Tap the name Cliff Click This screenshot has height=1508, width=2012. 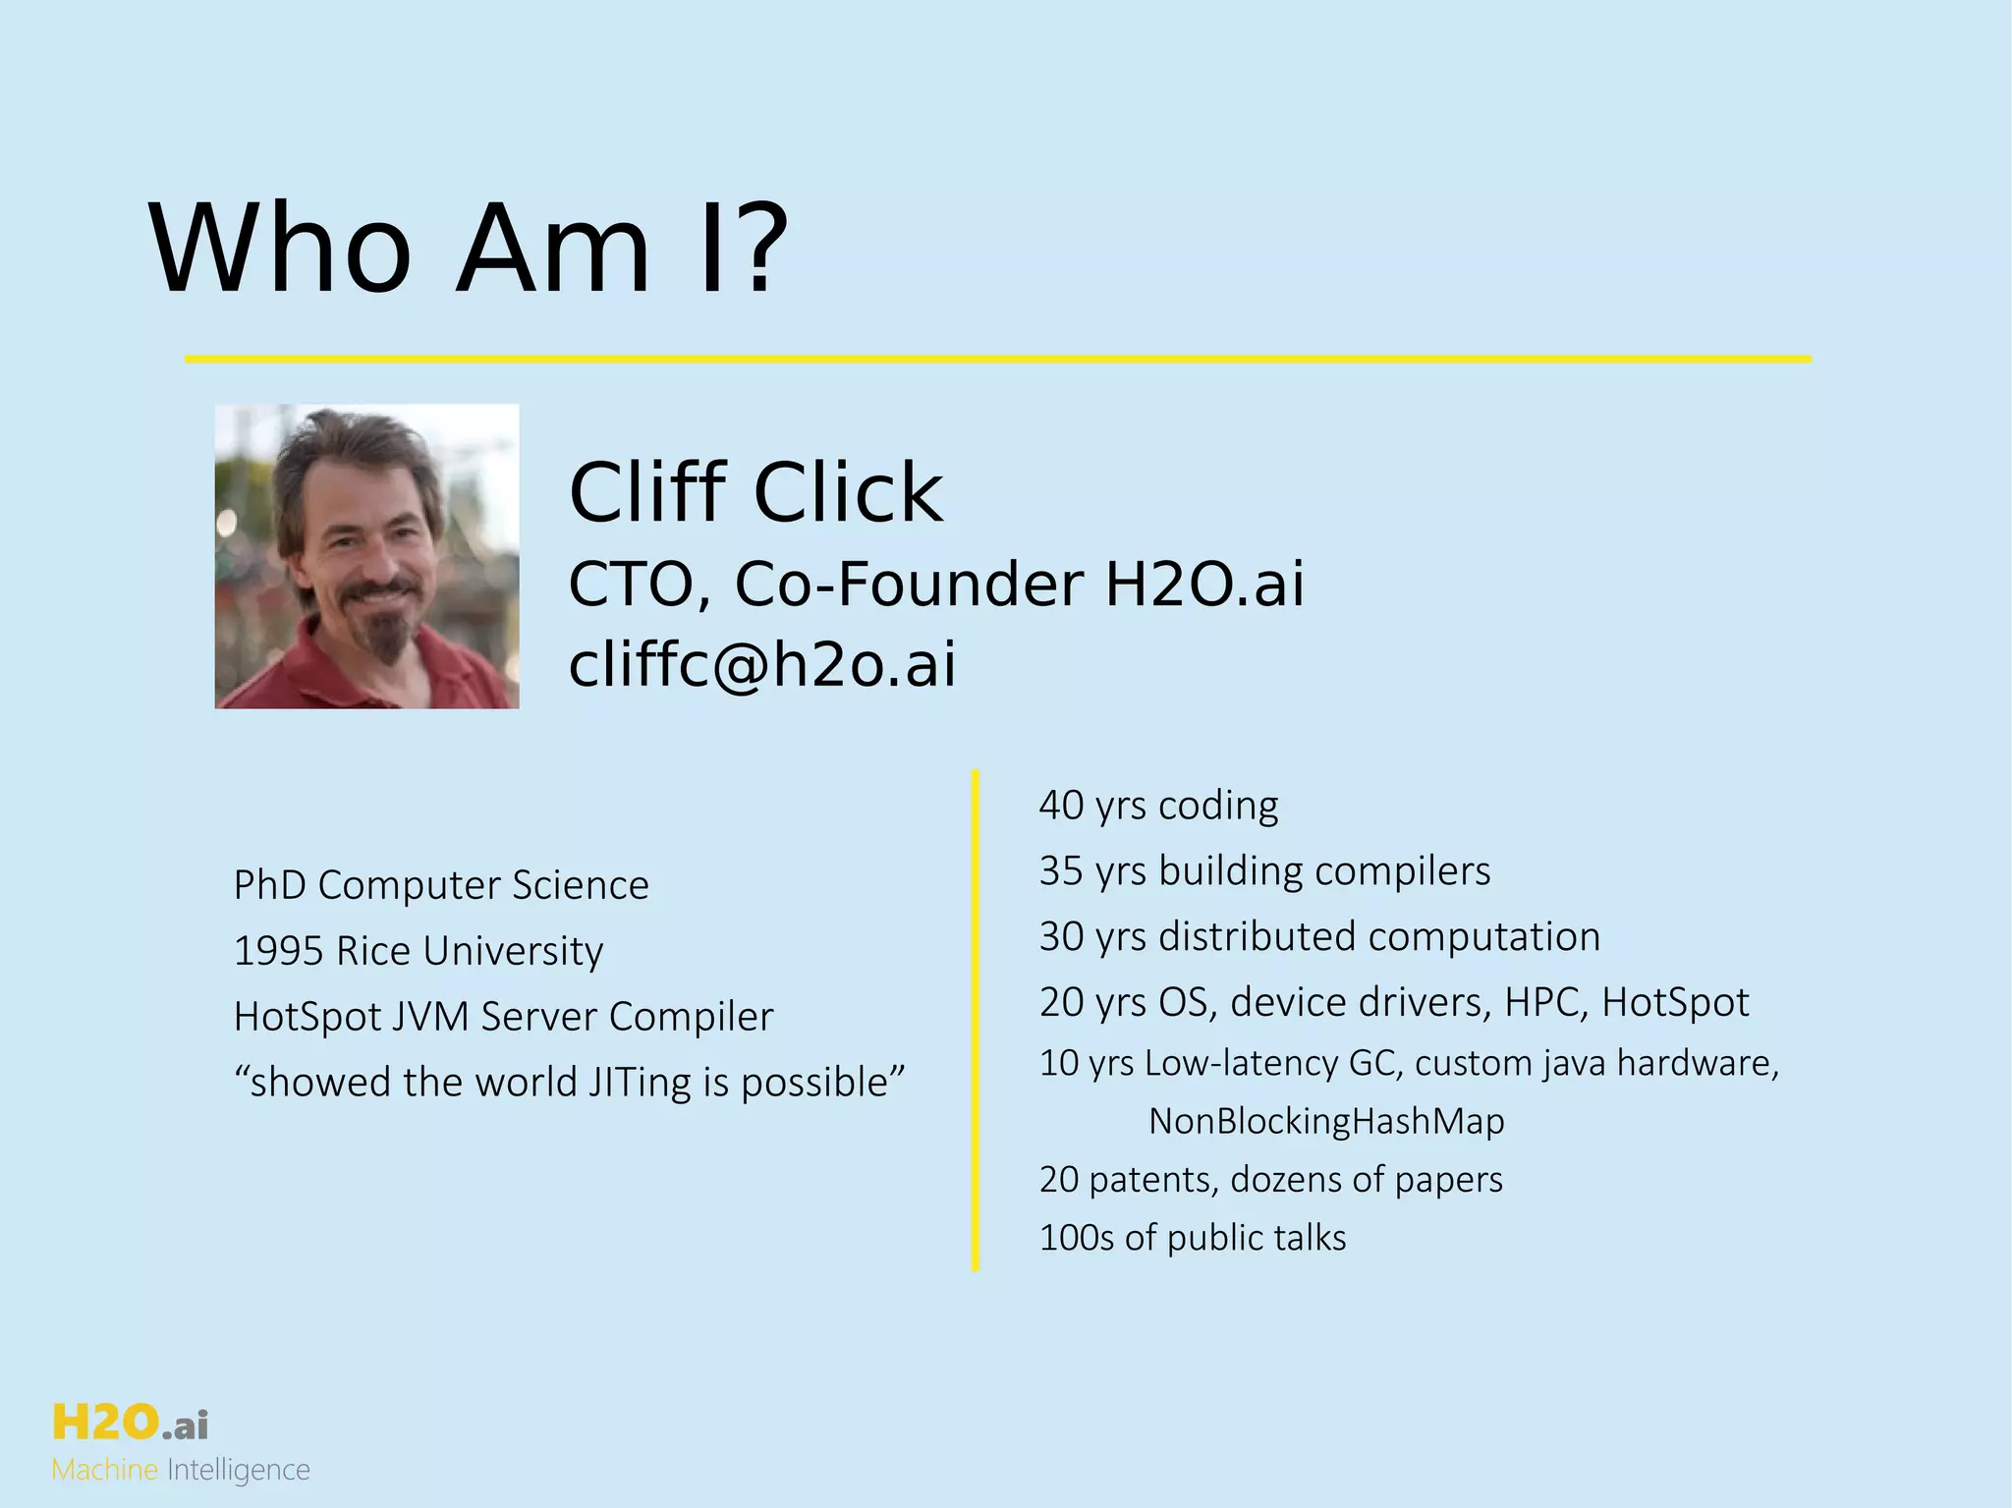tap(755, 492)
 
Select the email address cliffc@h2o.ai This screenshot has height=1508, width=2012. tap(761, 664)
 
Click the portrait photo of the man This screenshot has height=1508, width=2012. tap(366, 556)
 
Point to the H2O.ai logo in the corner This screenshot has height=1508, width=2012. tap(130, 1423)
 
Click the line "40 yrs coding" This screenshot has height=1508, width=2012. tap(1158, 805)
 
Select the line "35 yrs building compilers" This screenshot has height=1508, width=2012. tap(1264, 870)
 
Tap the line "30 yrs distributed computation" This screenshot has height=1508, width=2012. tap(1319, 936)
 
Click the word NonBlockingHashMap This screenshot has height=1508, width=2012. tap(1326, 1121)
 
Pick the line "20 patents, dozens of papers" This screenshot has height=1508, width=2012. tap(1270, 1179)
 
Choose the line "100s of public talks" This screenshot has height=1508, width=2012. tap(1193, 1238)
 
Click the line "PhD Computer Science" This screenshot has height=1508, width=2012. tap(441, 885)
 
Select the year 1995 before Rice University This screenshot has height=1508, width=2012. tap(278, 951)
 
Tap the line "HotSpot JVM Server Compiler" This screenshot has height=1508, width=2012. tap(503, 1017)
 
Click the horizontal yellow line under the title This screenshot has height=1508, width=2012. tap(997, 360)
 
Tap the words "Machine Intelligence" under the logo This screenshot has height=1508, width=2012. tap(181, 1471)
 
